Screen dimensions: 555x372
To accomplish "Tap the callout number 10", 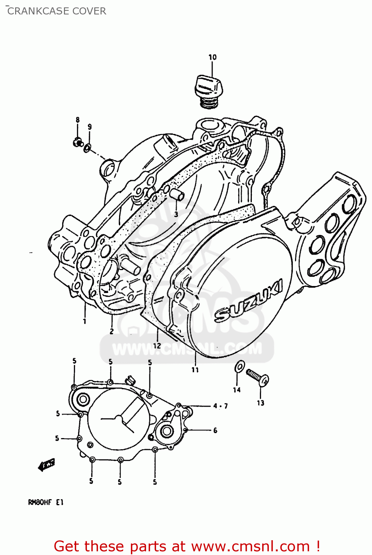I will click(x=212, y=57).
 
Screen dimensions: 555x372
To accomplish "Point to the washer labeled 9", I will click(x=88, y=148).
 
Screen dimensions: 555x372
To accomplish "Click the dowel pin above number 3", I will click(x=177, y=195).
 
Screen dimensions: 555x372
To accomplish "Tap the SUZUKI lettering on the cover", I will click(x=248, y=300).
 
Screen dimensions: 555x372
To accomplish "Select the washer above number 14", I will click(x=239, y=367).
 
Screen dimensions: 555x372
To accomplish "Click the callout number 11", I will click(x=195, y=370).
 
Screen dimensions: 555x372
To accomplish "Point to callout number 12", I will click(x=157, y=346).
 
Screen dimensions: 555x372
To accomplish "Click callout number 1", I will click(x=84, y=321).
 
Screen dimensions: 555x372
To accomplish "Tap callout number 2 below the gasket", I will click(x=111, y=332).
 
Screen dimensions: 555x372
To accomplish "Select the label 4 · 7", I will click(x=220, y=406).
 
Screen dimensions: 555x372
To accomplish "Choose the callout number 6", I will click(x=215, y=430).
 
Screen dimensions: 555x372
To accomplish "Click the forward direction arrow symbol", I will click(x=47, y=464).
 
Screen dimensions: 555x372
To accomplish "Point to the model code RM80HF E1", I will click(x=46, y=502).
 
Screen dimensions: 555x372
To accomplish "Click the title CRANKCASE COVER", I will click(x=57, y=11).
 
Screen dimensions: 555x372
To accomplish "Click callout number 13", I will click(x=260, y=403).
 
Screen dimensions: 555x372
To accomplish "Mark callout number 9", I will click(x=89, y=127).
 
